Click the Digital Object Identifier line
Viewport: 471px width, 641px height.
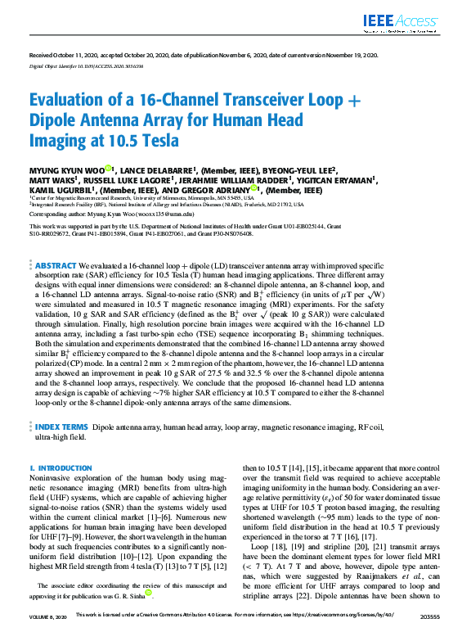[x=76, y=64]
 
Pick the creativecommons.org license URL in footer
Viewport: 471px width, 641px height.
[x=358, y=634]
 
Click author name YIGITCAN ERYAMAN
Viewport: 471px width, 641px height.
[x=343, y=179]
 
